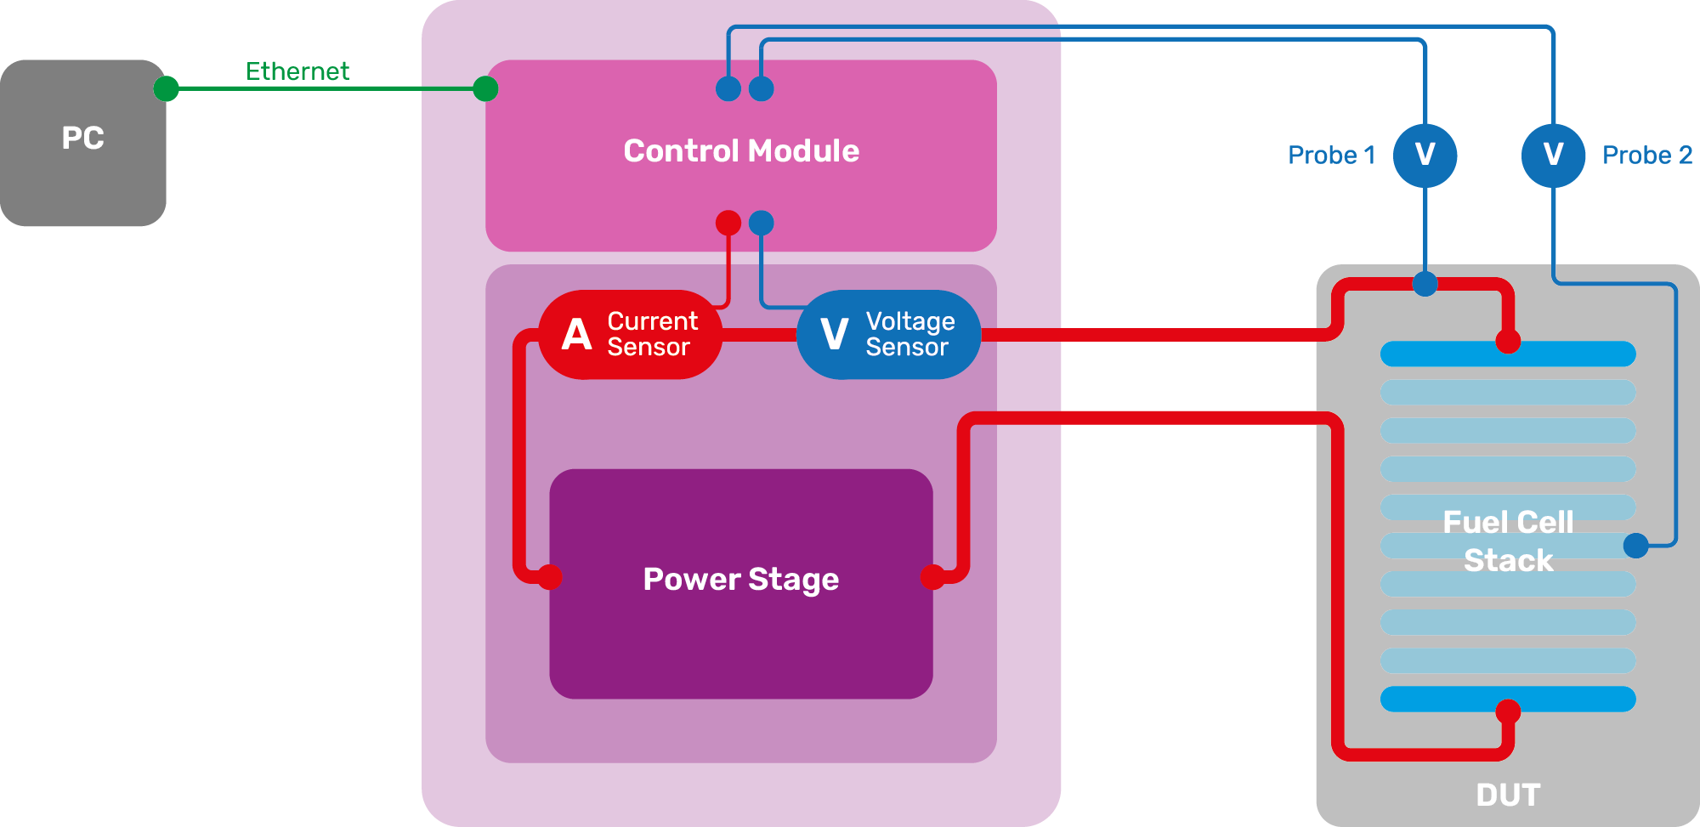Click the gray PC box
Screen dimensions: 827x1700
82,142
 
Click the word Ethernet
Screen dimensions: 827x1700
297,71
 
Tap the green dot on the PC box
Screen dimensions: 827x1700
167,88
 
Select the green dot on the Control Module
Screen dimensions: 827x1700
485,88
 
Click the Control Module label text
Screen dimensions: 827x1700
741,151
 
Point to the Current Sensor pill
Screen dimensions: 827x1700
630,334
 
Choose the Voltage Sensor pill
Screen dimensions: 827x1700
888,334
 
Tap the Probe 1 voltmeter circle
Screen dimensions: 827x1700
1425,155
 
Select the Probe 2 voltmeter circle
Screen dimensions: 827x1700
1553,155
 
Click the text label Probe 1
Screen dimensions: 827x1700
1331,156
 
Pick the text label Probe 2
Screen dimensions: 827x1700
1646,156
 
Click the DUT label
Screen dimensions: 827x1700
1508,795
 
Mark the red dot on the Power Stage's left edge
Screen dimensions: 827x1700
550,577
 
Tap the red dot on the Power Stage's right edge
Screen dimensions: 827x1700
932,577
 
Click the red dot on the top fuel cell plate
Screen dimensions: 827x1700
1508,342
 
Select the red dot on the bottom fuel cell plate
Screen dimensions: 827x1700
1508,711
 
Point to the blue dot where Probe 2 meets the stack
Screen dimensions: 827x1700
1635,546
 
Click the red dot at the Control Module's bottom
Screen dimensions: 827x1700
728,223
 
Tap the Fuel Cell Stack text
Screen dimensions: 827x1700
1508,541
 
